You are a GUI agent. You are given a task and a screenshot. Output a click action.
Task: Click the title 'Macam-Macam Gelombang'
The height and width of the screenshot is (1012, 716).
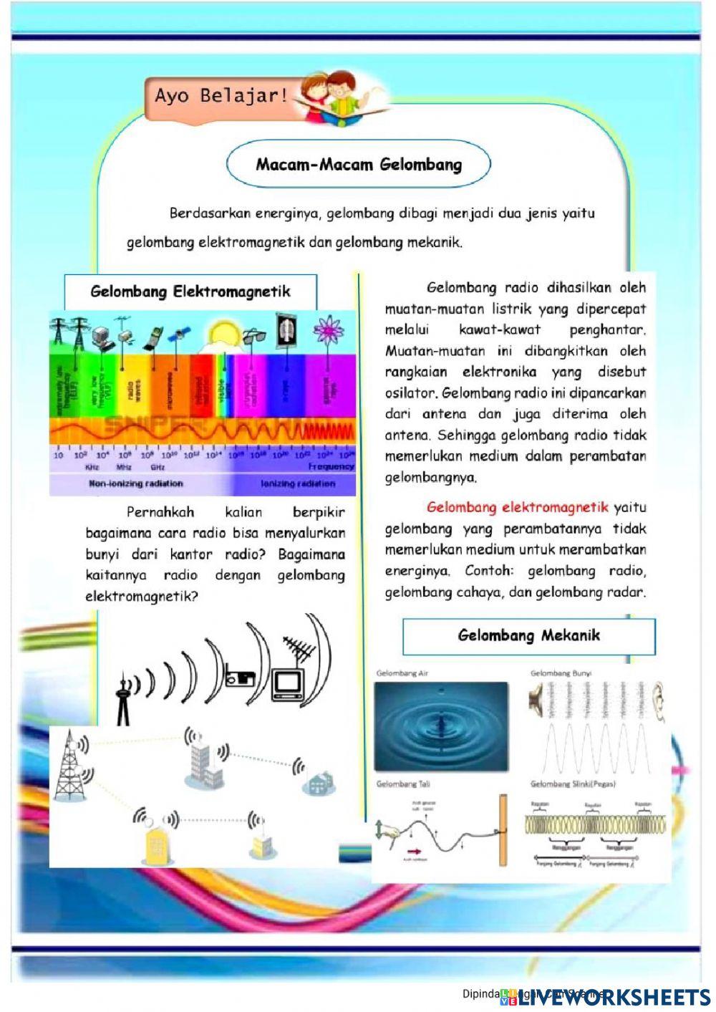tap(359, 164)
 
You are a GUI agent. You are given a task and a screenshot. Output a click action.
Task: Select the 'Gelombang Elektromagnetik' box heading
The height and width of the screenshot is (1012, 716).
tap(190, 291)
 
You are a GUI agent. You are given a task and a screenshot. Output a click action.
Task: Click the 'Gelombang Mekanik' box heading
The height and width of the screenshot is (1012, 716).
tap(528, 635)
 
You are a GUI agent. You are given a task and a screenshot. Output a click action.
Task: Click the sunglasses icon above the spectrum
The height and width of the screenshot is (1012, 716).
tap(253, 335)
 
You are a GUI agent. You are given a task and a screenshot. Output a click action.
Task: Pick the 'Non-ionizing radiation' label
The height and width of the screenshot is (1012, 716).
tap(136, 484)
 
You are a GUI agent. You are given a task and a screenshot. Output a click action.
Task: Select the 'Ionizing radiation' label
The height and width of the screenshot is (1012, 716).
tap(298, 484)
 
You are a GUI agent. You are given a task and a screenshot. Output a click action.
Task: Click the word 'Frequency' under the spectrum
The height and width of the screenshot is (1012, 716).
tap(332, 466)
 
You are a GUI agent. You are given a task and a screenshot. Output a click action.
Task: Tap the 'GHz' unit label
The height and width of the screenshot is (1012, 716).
tap(158, 467)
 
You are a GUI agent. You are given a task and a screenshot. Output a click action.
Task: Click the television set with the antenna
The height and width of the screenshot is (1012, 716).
tap(289, 683)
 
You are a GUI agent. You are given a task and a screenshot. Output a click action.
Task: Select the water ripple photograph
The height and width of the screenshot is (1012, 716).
tap(441, 726)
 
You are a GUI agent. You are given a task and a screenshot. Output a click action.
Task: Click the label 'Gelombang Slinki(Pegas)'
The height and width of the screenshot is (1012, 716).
tap(573, 784)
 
